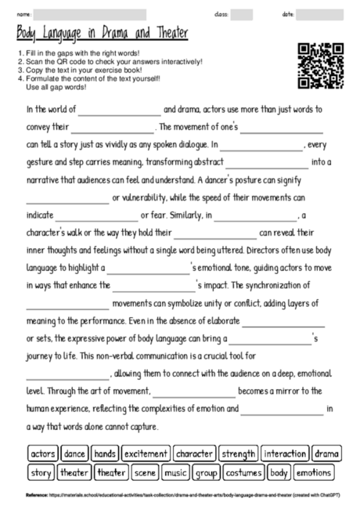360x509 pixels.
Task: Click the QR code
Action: [319, 66]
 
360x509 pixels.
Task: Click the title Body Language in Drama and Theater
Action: [103, 32]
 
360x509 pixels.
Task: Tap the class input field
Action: [242, 14]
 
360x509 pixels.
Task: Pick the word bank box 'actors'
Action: [42, 453]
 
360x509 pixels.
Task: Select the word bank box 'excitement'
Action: [146, 453]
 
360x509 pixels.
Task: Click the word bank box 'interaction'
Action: [285, 453]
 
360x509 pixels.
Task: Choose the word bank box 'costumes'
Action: [244, 472]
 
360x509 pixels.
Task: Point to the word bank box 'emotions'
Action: [313, 472]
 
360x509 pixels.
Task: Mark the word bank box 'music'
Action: [176, 472]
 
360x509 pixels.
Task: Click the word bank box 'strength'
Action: [239, 453]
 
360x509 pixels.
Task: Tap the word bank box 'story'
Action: [41, 472]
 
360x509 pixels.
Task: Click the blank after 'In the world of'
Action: [118, 111]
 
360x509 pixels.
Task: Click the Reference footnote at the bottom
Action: [180, 495]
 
